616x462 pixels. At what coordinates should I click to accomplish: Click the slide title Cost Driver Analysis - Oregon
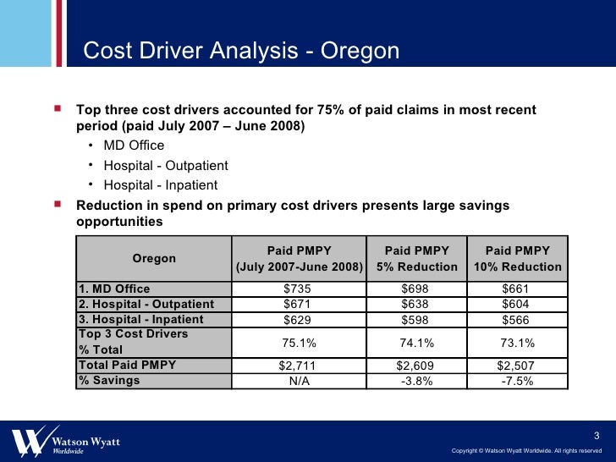(x=241, y=52)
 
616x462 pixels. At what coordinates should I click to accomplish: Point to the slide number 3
(x=597, y=435)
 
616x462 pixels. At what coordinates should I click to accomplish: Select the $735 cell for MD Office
(x=299, y=289)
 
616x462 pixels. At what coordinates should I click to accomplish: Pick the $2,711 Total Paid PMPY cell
(x=299, y=366)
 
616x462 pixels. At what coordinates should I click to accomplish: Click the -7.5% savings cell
(x=517, y=381)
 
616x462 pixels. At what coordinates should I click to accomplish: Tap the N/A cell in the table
(x=299, y=381)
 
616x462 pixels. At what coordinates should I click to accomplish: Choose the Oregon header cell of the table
(x=154, y=258)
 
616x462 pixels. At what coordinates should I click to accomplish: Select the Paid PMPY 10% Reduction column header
(x=517, y=259)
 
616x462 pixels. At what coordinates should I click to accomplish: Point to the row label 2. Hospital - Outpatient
(x=146, y=305)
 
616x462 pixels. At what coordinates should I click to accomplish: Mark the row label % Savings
(x=109, y=381)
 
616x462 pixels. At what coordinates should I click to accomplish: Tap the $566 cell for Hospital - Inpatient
(x=517, y=320)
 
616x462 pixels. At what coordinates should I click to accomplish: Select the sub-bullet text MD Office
(x=134, y=146)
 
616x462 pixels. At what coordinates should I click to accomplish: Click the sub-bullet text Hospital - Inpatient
(x=160, y=185)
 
